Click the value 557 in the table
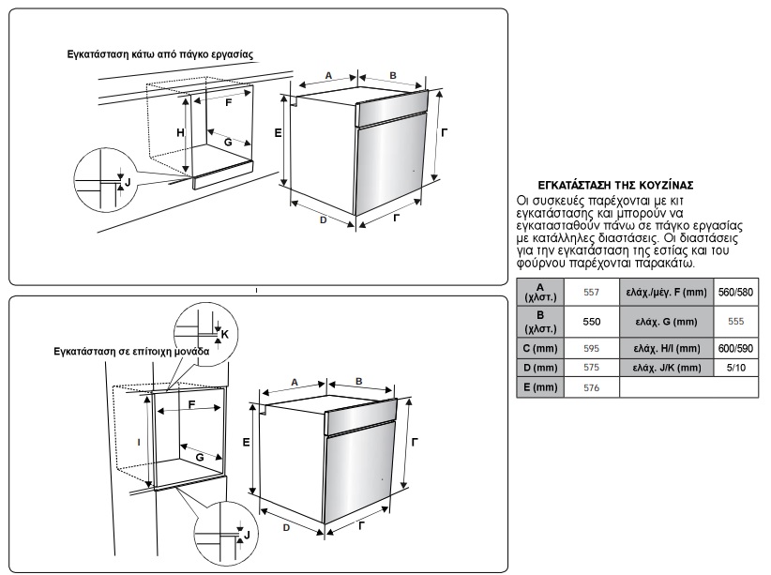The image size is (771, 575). click(x=591, y=293)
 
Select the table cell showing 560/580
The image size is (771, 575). click(x=734, y=293)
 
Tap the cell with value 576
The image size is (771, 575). click(x=591, y=386)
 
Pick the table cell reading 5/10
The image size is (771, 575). click(x=734, y=368)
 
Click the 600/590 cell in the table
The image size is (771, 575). click(x=734, y=348)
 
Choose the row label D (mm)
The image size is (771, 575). click(x=539, y=368)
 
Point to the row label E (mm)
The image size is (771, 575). click(x=539, y=386)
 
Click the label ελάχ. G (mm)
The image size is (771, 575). click(x=666, y=321)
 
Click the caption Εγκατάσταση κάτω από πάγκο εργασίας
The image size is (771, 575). click(x=160, y=53)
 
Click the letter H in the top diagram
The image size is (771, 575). click(x=180, y=133)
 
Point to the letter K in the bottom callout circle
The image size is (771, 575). click(x=223, y=333)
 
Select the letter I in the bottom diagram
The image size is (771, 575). click(x=138, y=440)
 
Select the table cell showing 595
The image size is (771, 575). click(x=591, y=348)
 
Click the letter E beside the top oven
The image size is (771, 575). click(x=278, y=134)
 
